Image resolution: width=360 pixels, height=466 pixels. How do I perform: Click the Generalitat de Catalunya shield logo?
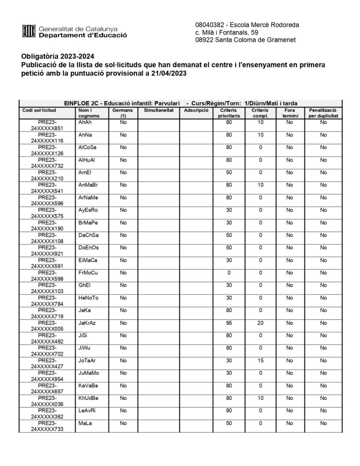pyautogui.click(x=29, y=31)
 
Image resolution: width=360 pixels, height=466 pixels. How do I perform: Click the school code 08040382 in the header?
pyautogui.click(x=209, y=24)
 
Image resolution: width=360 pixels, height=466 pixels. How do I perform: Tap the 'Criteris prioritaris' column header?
pyautogui.click(x=229, y=113)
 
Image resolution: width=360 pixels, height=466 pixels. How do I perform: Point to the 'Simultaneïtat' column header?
pyautogui.click(x=158, y=111)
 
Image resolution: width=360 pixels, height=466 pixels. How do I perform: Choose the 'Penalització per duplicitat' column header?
pyautogui.click(x=323, y=113)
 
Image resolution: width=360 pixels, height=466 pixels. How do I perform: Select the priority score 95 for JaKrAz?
pyautogui.click(x=229, y=323)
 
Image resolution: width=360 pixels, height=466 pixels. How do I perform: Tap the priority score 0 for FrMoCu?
pyautogui.click(x=229, y=273)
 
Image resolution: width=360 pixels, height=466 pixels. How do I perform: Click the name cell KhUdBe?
pyautogui.click(x=88, y=398)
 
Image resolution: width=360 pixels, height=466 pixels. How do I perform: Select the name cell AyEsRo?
pyautogui.click(x=88, y=210)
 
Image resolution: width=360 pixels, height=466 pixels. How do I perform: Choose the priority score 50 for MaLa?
pyautogui.click(x=229, y=423)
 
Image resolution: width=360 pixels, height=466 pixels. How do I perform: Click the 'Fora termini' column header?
pyautogui.click(x=289, y=113)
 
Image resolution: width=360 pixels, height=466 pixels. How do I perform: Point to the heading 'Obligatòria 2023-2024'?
pyautogui.click(x=58, y=57)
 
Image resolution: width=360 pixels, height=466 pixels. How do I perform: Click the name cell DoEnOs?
pyautogui.click(x=88, y=248)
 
